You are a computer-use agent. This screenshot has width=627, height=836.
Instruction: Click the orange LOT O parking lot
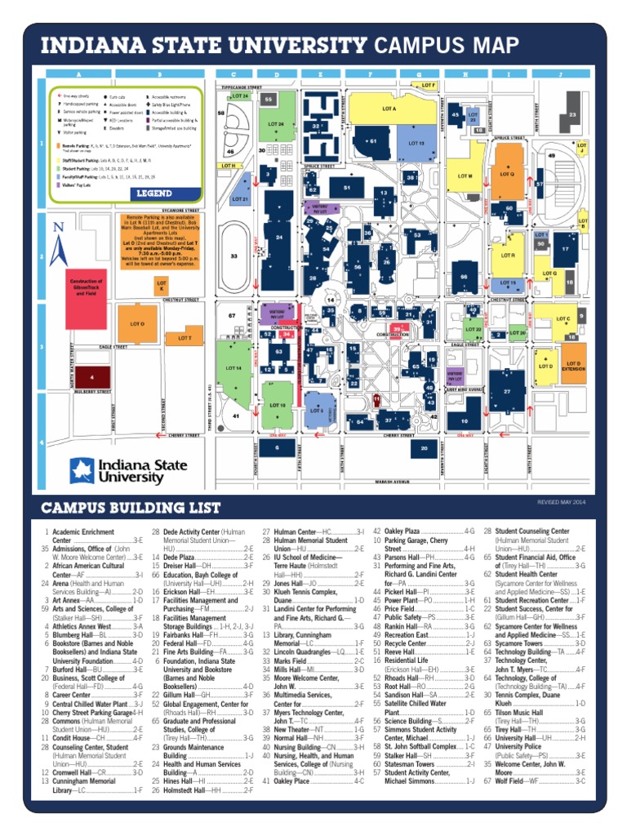[136, 324]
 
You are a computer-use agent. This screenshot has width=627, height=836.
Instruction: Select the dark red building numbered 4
[91, 377]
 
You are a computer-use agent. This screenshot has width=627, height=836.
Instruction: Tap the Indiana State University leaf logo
[81, 470]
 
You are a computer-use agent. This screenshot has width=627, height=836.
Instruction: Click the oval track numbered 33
[235, 256]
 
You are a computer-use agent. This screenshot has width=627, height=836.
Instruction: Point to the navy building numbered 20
[425, 447]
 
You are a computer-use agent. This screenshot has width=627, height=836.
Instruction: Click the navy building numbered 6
[278, 447]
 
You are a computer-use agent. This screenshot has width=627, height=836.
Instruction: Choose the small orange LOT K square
[162, 285]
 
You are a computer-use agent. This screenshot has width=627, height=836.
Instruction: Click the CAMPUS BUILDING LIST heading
[131, 508]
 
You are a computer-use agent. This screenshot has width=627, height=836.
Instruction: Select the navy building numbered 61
[373, 140]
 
